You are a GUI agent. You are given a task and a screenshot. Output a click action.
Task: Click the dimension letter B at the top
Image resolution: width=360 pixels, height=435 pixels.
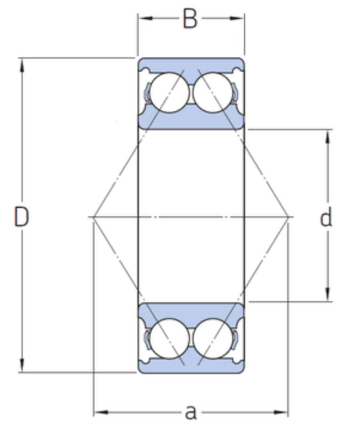pos(190,18)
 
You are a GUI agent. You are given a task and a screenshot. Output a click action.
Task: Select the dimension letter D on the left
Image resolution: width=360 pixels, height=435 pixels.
pos(22,217)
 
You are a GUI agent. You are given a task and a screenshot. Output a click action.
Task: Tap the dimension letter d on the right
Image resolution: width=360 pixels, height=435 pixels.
pos(326,218)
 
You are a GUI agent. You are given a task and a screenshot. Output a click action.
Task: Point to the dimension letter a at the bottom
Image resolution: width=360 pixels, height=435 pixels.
pos(191,412)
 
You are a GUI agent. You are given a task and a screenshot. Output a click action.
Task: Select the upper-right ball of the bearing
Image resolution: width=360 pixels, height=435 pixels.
pos(213,92)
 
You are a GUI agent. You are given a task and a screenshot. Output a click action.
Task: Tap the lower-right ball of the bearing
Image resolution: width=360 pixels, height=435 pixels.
pos(213,338)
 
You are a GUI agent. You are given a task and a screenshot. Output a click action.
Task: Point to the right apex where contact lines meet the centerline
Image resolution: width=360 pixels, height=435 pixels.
pos(288,217)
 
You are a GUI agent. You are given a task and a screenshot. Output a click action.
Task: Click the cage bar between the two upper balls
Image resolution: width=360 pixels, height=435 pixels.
pos(191,92)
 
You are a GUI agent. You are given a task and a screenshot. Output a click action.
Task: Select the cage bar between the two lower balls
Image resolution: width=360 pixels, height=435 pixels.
pos(191,338)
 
